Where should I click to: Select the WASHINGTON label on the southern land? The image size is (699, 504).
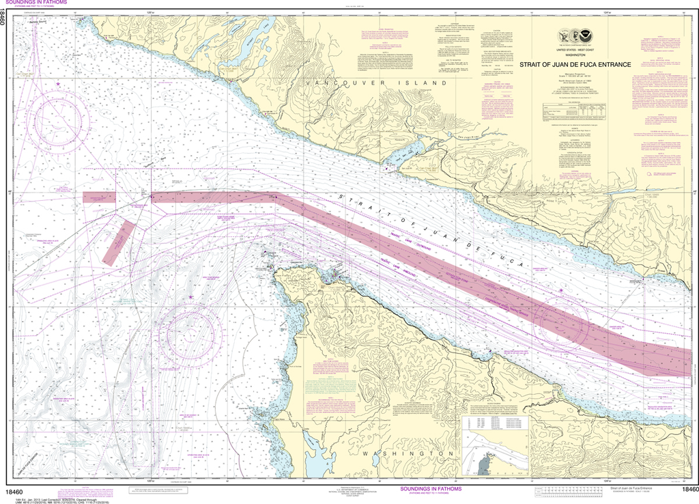click(408, 453)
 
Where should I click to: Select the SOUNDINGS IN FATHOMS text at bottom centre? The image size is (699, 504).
click(433, 489)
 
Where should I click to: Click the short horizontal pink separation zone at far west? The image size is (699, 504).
click(100, 197)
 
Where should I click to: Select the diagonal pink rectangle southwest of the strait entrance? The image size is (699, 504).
click(118, 242)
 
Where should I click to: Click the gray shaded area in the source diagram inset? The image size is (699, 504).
click(483, 466)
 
